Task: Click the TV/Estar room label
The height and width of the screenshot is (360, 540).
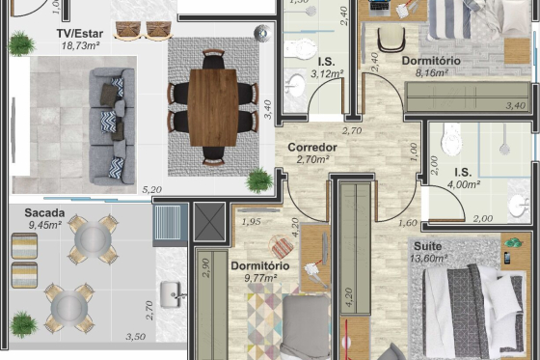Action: pyautogui.click(x=79, y=34)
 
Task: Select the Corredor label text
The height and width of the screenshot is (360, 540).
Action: pyautogui.click(x=312, y=148)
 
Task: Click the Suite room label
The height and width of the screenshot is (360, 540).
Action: pyautogui.click(x=427, y=246)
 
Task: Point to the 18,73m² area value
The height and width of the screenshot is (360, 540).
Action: pyautogui.click(x=81, y=45)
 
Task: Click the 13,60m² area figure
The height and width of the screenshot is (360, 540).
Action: pyautogui.click(x=429, y=259)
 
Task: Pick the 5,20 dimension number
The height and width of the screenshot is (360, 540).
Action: pyautogui.click(x=152, y=189)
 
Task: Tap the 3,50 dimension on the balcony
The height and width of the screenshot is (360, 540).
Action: pyautogui.click(x=135, y=336)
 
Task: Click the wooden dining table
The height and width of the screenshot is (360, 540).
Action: pyautogui.click(x=213, y=107)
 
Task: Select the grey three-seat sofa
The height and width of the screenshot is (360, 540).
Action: pyautogui.click(x=112, y=126)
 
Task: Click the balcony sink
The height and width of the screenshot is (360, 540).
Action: pyautogui.click(x=172, y=294)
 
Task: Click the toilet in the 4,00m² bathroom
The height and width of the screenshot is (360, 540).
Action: pyautogui.click(x=451, y=140)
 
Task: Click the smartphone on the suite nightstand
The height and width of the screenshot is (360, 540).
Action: pyautogui.click(x=507, y=258)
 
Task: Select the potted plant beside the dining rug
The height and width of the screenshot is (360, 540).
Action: pyautogui.click(x=259, y=180)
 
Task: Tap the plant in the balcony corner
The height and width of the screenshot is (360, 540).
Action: pyautogui.click(x=23, y=324)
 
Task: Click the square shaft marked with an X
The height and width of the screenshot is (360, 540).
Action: pyautogui.click(x=209, y=222)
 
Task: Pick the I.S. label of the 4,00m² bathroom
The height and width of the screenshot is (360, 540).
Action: pyautogui.click(x=463, y=173)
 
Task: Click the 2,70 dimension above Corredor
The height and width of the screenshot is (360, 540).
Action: pyautogui.click(x=352, y=131)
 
